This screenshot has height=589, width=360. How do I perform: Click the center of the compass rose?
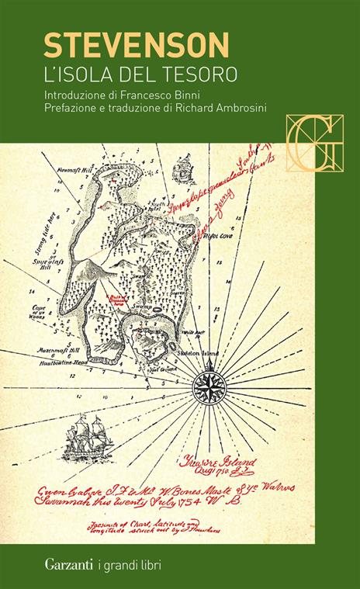click(x=209, y=383)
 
